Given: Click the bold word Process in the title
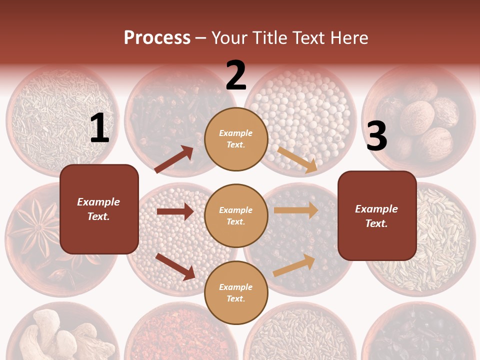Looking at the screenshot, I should [x=157, y=37].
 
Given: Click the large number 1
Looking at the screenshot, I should [x=99, y=129].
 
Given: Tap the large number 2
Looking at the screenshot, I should [x=236, y=75].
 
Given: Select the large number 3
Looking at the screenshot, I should [x=376, y=136].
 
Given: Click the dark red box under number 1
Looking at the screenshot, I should [x=99, y=209].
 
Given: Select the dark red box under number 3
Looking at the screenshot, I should [x=377, y=215].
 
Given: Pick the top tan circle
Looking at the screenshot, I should [x=236, y=138].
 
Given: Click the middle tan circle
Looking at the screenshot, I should [x=236, y=215].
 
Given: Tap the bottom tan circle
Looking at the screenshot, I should [x=236, y=292].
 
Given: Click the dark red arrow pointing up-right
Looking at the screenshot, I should [x=174, y=159].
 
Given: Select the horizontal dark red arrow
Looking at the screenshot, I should [x=175, y=211].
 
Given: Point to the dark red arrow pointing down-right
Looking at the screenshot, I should [x=175, y=266].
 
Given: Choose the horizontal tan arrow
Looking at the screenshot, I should [x=295, y=210].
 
